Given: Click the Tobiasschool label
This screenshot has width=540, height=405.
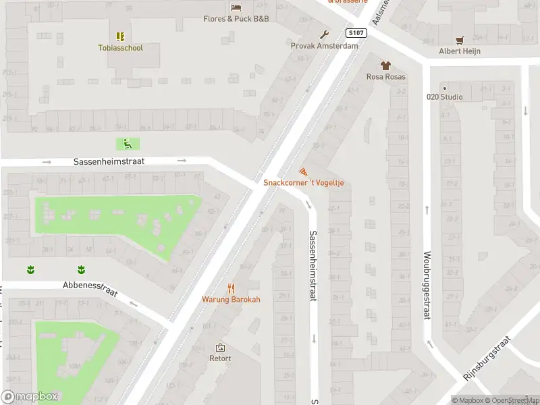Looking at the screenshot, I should [120, 48].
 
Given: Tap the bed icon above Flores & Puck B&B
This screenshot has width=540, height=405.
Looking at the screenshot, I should [236, 7].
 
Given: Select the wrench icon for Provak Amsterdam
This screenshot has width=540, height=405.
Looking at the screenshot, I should [324, 34].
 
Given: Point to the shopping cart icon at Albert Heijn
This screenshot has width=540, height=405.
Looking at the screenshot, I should [460, 40].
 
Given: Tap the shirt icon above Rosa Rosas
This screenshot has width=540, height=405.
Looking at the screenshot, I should [385, 65].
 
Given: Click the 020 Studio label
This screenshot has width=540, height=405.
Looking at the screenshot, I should [444, 97].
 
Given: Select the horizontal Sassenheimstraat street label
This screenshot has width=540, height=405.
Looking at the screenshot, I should [109, 162].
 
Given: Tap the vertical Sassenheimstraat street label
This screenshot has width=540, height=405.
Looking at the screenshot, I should [313, 266].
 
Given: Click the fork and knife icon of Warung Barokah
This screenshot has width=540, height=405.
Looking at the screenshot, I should [230, 288].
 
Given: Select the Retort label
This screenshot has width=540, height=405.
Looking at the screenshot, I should [220, 358].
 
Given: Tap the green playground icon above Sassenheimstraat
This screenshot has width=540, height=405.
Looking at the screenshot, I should [127, 143].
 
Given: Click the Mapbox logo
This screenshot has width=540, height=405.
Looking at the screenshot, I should [30, 397].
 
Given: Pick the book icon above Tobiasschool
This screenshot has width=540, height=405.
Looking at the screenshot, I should [120, 36].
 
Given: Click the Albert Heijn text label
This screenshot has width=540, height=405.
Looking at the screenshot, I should [459, 52].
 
